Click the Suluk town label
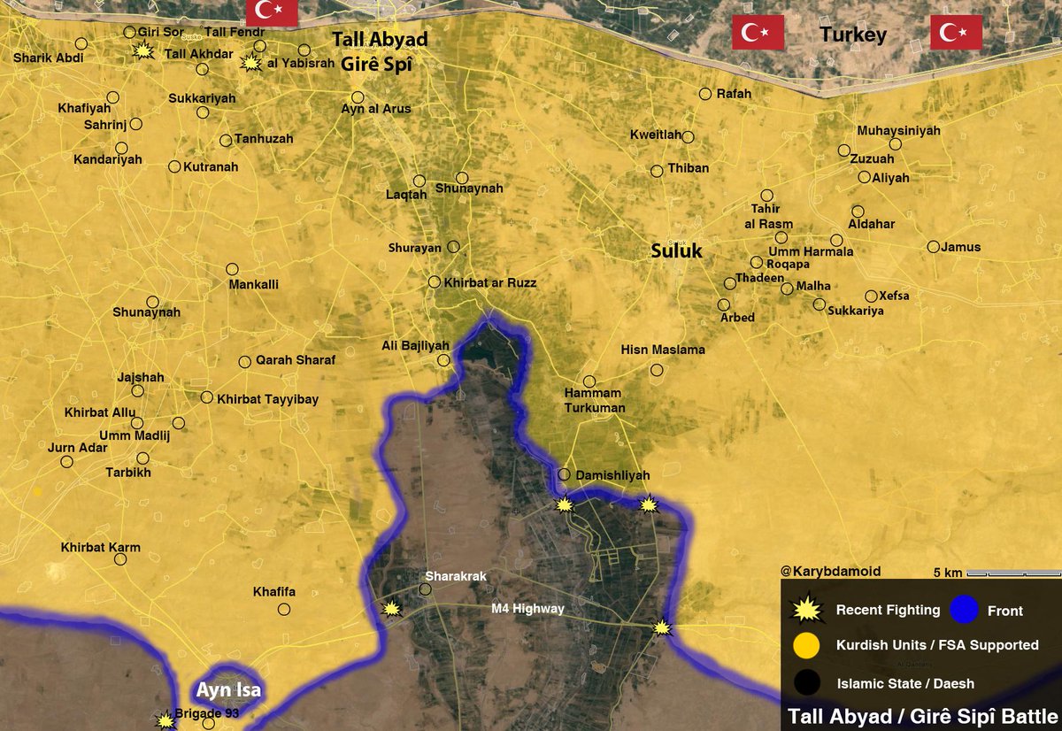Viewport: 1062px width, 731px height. point(676,251)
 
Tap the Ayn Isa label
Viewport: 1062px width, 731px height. point(229,690)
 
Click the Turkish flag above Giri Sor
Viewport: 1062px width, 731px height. point(271,12)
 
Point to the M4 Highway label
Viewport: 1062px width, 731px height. point(528,609)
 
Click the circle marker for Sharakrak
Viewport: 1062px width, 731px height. point(425,589)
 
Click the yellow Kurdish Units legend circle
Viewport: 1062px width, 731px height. point(806,645)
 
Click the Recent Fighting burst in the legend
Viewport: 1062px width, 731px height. point(806,610)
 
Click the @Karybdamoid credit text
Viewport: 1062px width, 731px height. point(831,572)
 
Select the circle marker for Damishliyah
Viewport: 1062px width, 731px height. point(563,475)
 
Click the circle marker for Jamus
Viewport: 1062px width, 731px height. point(933,247)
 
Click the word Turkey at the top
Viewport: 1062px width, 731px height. point(852,35)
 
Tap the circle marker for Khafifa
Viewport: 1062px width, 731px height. point(284,609)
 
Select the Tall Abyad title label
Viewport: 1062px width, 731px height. point(380,40)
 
